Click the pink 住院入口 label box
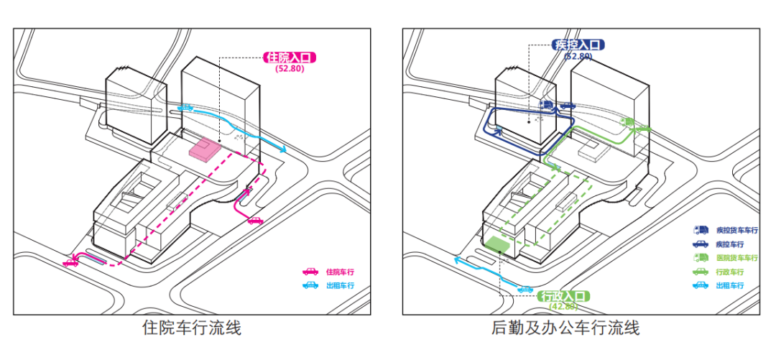click(x=292, y=57)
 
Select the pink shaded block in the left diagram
click(x=203, y=149)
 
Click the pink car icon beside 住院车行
click(x=310, y=272)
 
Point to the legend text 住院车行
click(x=340, y=272)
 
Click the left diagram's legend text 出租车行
click(x=340, y=285)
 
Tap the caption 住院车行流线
click(x=192, y=328)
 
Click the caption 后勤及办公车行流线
click(x=565, y=328)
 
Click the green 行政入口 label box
click(x=564, y=296)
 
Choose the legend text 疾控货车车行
click(x=736, y=231)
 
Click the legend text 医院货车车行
click(x=736, y=258)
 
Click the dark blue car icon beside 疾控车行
click(x=700, y=244)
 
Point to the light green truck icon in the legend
click(x=700, y=258)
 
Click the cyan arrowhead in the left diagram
click(x=284, y=150)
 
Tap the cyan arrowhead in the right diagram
click(x=458, y=261)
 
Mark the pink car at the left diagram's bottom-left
click(x=70, y=263)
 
